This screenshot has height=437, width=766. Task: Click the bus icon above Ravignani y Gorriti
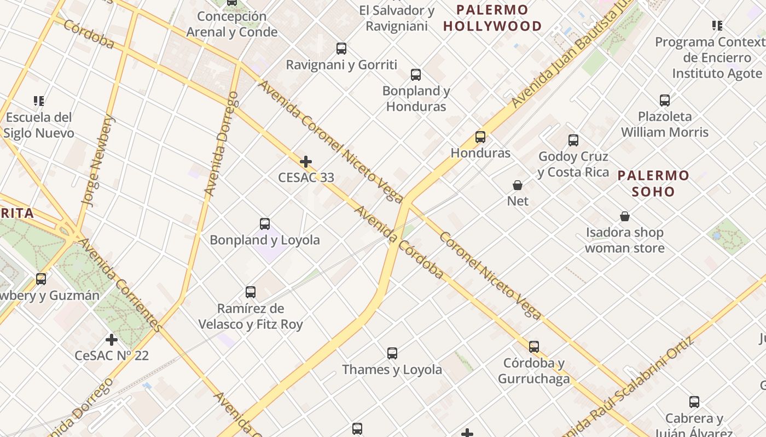pos(341,49)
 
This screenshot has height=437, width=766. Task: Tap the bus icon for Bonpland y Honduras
pos(416,75)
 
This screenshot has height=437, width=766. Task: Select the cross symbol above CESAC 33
pos(306,162)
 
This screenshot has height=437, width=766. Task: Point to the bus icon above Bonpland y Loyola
pos(265,224)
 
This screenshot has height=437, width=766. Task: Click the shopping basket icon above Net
pos(518,185)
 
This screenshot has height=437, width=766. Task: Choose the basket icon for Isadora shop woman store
pos(625,217)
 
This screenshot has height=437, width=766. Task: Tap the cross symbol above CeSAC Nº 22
pos(112,340)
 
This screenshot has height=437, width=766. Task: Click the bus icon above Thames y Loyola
pos(392,353)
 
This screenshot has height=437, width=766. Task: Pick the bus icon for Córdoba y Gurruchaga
pos(534,347)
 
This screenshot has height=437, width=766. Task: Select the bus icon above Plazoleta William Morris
pos(665,101)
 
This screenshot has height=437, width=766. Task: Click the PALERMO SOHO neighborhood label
pos(653,184)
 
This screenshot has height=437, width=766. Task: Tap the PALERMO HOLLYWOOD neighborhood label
pos(492,18)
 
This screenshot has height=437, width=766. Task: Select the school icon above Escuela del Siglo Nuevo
pos(39,101)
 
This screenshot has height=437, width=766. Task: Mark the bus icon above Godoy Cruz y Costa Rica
pos(573,140)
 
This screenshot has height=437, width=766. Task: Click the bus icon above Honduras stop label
pos(480,137)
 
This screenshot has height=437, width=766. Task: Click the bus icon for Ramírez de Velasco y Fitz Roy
pos(251,292)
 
